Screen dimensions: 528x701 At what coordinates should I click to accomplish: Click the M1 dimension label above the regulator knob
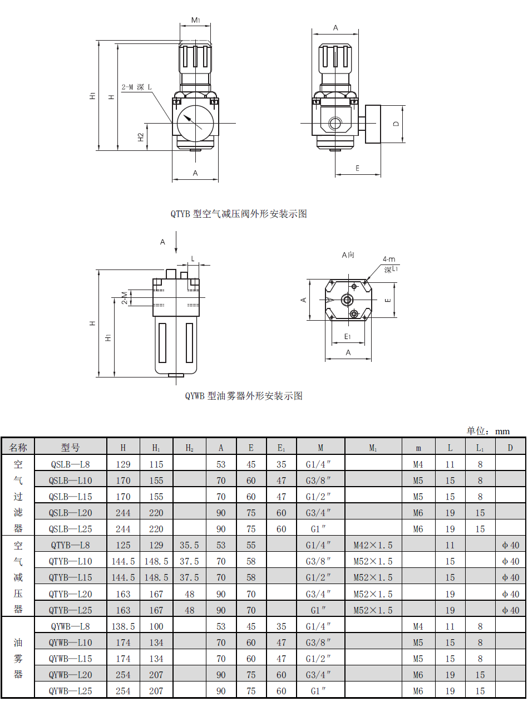pyautogui.click(x=196, y=20)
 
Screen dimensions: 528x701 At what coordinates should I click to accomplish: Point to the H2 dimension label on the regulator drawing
pyautogui.click(x=141, y=137)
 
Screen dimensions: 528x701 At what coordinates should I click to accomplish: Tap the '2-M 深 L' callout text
pyautogui.click(x=136, y=87)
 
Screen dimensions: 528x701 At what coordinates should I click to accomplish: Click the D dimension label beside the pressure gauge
pyautogui.click(x=396, y=124)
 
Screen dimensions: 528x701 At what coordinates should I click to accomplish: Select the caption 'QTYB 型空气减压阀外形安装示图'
pyautogui.click(x=239, y=214)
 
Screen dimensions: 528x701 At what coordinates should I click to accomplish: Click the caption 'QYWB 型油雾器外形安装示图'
pyautogui.click(x=244, y=396)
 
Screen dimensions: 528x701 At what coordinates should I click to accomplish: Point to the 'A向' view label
pyautogui.click(x=348, y=255)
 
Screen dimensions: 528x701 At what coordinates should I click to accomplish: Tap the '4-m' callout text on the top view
pyautogui.click(x=389, y=259)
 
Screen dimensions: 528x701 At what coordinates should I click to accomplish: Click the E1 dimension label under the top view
pyautogui.click(x=347, y=336)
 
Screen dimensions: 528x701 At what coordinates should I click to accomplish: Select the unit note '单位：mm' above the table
pyautogui.click(x=488, y=431)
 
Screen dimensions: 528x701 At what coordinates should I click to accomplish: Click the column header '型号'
pyautogui.click(x=70, y=448)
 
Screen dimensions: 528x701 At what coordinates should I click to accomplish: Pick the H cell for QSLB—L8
pyautogui.click(x=123, y=464)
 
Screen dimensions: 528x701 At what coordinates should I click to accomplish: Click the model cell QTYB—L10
pyautogui.click(x=70, y=561)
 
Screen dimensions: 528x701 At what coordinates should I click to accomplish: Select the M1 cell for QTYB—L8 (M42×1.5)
pyautogui.click(x=373, y=545)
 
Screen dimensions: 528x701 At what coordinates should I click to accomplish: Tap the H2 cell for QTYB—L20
pyautogui.click(x=189, y=594)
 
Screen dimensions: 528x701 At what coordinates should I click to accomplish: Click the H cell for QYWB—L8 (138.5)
pyautogui.click(x=123, y=626)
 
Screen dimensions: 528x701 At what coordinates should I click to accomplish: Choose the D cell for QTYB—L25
pyautogui.click(x=510, y=610)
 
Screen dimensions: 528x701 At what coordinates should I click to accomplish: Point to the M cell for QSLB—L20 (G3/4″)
pyautogui.click(x=318, y=513)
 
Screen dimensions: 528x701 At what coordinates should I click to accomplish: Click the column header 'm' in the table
pyautogui.click(x=418, y=448)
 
